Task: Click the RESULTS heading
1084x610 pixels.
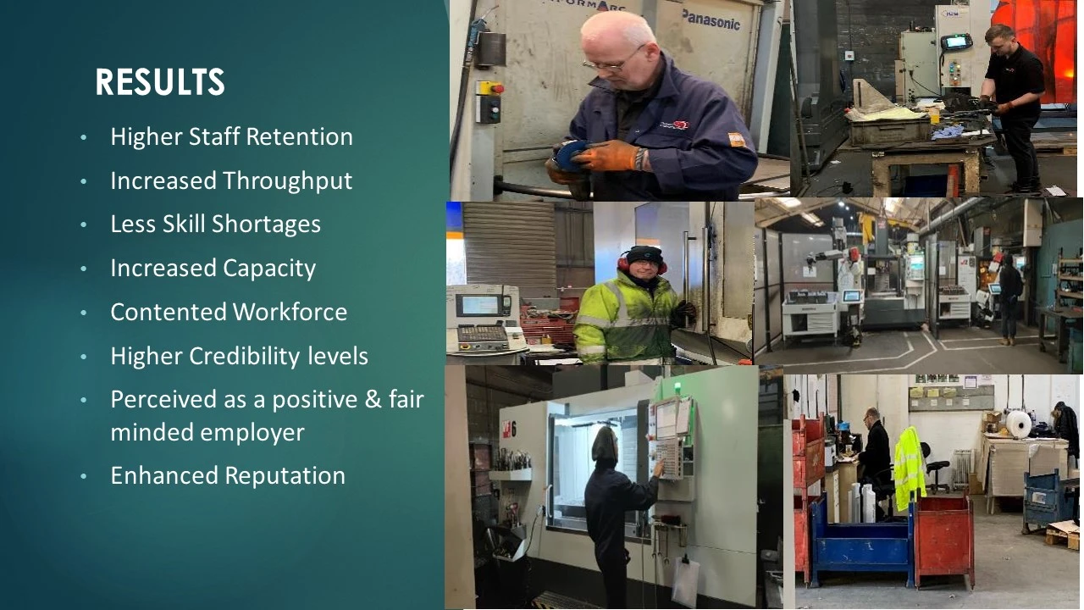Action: (x=160, y=81)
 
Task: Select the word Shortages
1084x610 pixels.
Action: (x=266, y=225)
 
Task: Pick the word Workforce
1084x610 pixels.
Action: (x=290, y=312)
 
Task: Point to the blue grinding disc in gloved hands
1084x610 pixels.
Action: (x=572, y=154)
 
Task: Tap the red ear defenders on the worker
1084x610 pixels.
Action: (x=642, y=263)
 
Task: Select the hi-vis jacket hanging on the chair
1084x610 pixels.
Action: (x=910, y=469)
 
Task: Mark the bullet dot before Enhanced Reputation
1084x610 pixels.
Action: (x=84, y=477)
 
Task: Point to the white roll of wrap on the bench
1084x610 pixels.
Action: (x=1018, y=424)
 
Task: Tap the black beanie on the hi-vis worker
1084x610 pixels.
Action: (x=644, y=254)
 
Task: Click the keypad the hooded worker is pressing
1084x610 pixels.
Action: (x=667, y=458)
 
